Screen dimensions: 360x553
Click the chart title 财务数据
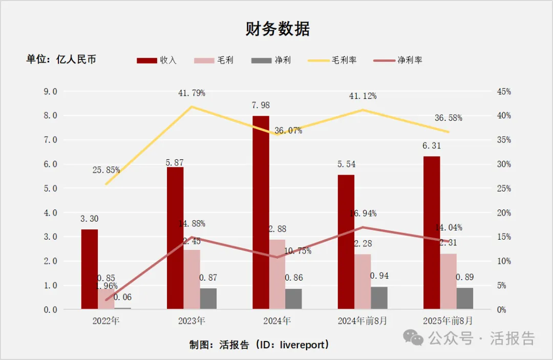pos(278,29)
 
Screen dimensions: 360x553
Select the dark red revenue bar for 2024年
pos(261,212)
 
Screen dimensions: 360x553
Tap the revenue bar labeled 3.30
pos(90,269)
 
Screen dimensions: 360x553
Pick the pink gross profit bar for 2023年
pos(192,279)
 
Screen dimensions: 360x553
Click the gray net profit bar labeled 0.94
pos(379,298)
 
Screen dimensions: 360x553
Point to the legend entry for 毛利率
pos(333,60)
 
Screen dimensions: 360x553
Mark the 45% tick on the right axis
pos(504,92)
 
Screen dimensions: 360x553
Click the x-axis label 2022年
pos(106,321)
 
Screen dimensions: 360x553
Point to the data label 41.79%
pos(192,93)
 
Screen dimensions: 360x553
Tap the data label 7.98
pos(261,105)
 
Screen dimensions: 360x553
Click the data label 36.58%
pos(449,118)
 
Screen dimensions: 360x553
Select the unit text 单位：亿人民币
pos(61,59)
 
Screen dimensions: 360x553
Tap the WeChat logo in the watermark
pos(413,337)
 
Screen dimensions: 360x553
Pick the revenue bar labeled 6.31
pos(432,232)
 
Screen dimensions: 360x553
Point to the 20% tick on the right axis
pos(504,213)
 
